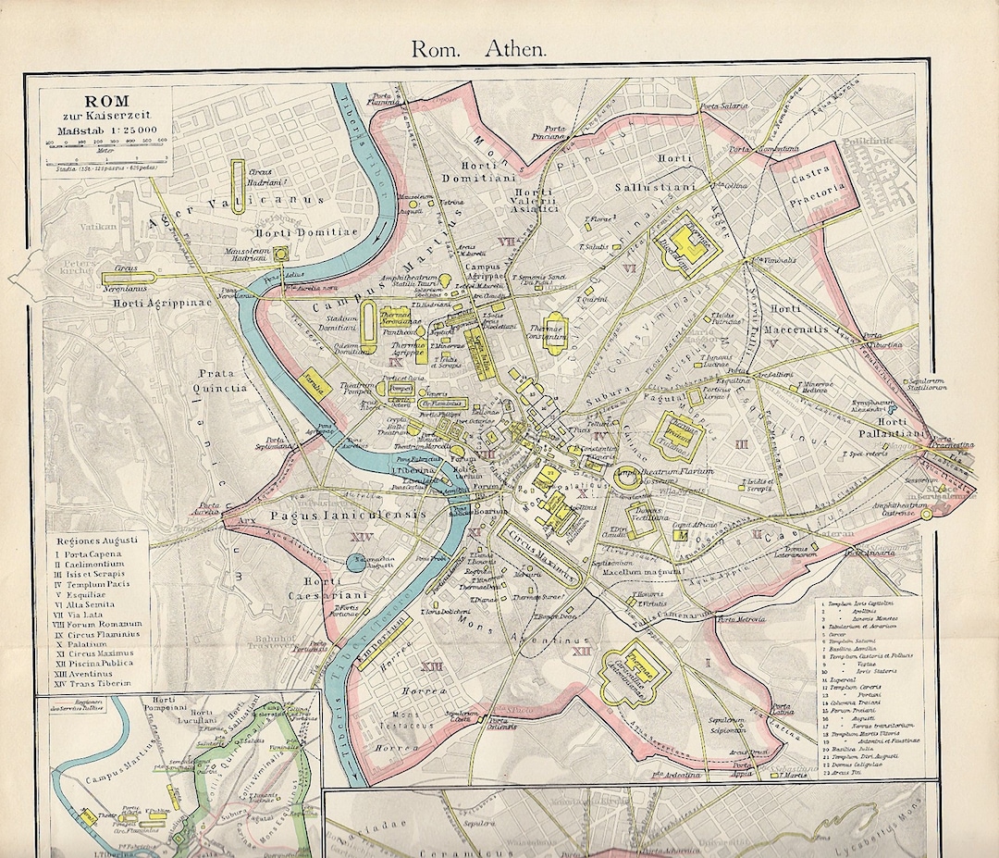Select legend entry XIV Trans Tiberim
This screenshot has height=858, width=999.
92,683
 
